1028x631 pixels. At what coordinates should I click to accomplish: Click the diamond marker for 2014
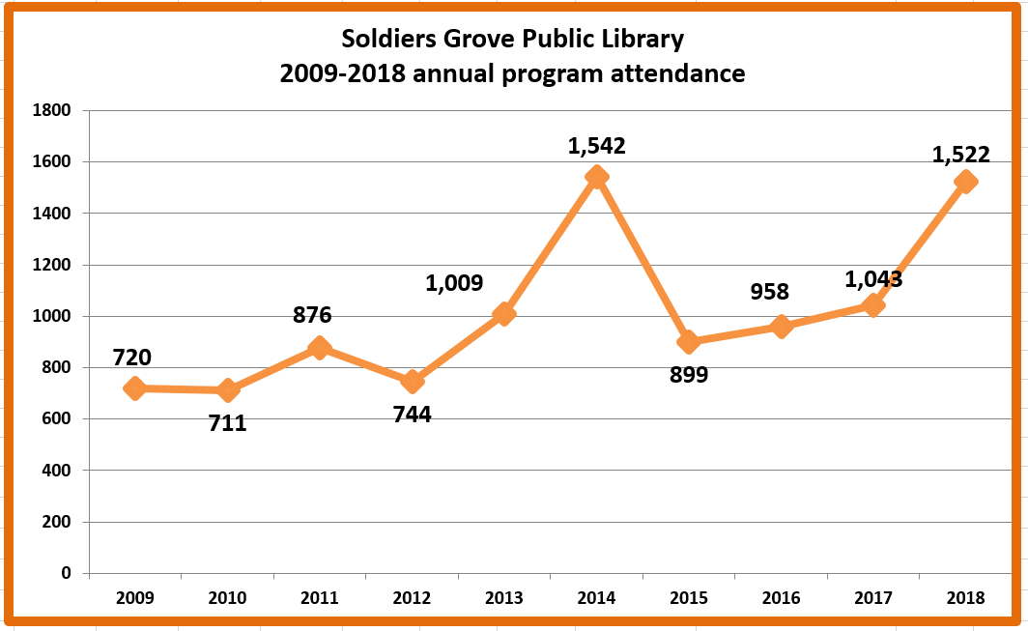point(596,177)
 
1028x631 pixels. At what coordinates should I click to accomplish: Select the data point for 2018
point(964,182)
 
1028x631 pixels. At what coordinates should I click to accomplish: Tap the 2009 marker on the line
point(135,388)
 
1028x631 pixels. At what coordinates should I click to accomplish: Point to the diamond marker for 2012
point(413,382)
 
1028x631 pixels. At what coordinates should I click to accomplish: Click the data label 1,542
point(596,146)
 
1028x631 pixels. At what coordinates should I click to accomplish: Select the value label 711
point(228,422)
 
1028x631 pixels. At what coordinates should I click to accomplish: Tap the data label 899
point(689,375)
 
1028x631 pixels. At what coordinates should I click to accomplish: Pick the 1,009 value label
point(454,283)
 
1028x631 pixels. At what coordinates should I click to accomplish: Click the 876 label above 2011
point(312,315)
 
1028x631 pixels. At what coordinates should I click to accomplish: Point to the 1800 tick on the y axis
point(53,110)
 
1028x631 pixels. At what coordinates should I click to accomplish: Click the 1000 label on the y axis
point(53,316)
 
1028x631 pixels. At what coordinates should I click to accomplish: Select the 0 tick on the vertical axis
point(66,573)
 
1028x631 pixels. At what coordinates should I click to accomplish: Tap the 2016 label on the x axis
point(781,598)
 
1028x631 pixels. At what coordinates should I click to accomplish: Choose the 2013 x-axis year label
point(504,598)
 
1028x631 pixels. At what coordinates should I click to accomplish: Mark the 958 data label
point(770,291)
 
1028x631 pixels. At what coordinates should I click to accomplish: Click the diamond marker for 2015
point(689,342)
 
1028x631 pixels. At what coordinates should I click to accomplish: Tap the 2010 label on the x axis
point(228,598)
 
